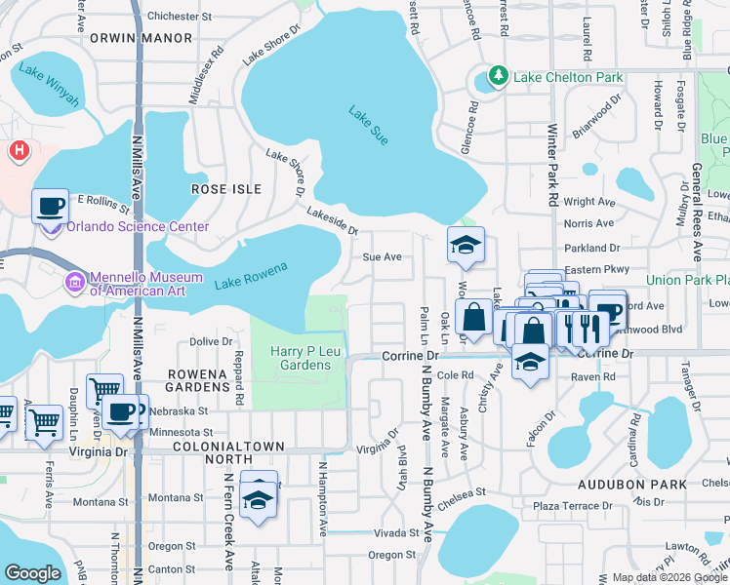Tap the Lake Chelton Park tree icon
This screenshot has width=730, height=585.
click(x=499, y=76)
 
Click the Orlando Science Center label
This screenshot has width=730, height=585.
click(x=138, y=227)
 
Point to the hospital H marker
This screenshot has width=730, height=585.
click(x=18, y=150)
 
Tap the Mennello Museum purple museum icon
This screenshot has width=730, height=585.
click(x=74, y=282)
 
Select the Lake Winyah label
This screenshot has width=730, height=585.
click(x=47, y=77)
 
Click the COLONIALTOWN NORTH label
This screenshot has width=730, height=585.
click(x=227, y=446)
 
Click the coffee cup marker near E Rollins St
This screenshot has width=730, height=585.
click(x=50, y=207)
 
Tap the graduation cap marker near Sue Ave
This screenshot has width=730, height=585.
click(x=466, y=245)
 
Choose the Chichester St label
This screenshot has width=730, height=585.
click(x=185, y=16)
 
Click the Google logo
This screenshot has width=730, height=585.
click(x=32, y=573)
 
